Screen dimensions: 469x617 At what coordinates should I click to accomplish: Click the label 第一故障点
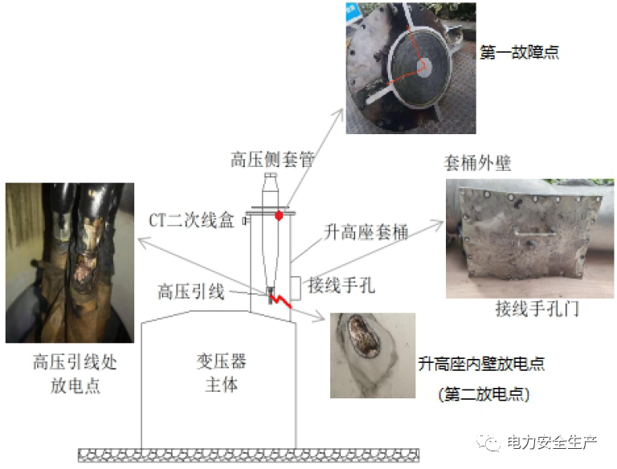tap(518, 52)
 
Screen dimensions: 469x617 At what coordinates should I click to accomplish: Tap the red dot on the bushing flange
tap(278, 215)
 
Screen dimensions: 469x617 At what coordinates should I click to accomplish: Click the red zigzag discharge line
tap(279, 301)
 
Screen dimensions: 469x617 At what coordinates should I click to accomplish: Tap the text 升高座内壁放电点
tap(481, 364)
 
